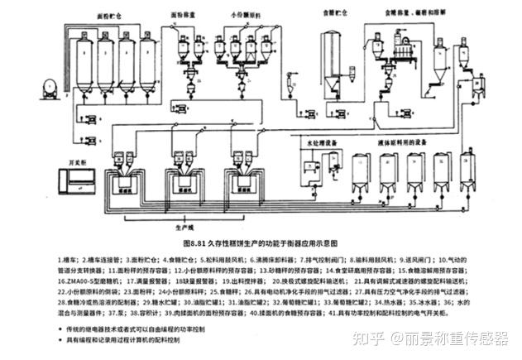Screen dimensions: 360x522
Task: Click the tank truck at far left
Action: pyautogui.click(x=40, y=84)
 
